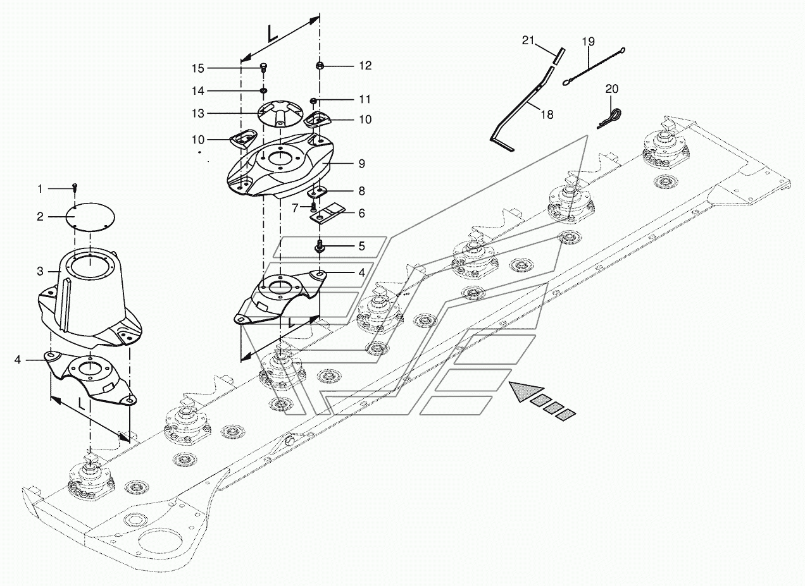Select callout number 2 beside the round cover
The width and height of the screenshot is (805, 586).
[x=40, y=217]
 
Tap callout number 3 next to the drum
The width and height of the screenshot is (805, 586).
[x=40, y=272]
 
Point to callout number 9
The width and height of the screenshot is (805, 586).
[x=361, y=164]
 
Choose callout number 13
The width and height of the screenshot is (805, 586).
[x=199, y=113]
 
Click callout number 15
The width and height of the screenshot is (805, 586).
[x=199, y=68]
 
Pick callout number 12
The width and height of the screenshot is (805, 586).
[x=366, y=66]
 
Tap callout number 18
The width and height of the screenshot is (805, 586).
[x=547, y=114]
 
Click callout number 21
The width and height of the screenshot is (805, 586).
[x=528, y=41]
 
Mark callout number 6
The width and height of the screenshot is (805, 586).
[x=361, y=214]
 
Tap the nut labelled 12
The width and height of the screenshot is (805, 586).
[x=320, y=65]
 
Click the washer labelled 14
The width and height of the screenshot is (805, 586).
[x=263, y=90]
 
